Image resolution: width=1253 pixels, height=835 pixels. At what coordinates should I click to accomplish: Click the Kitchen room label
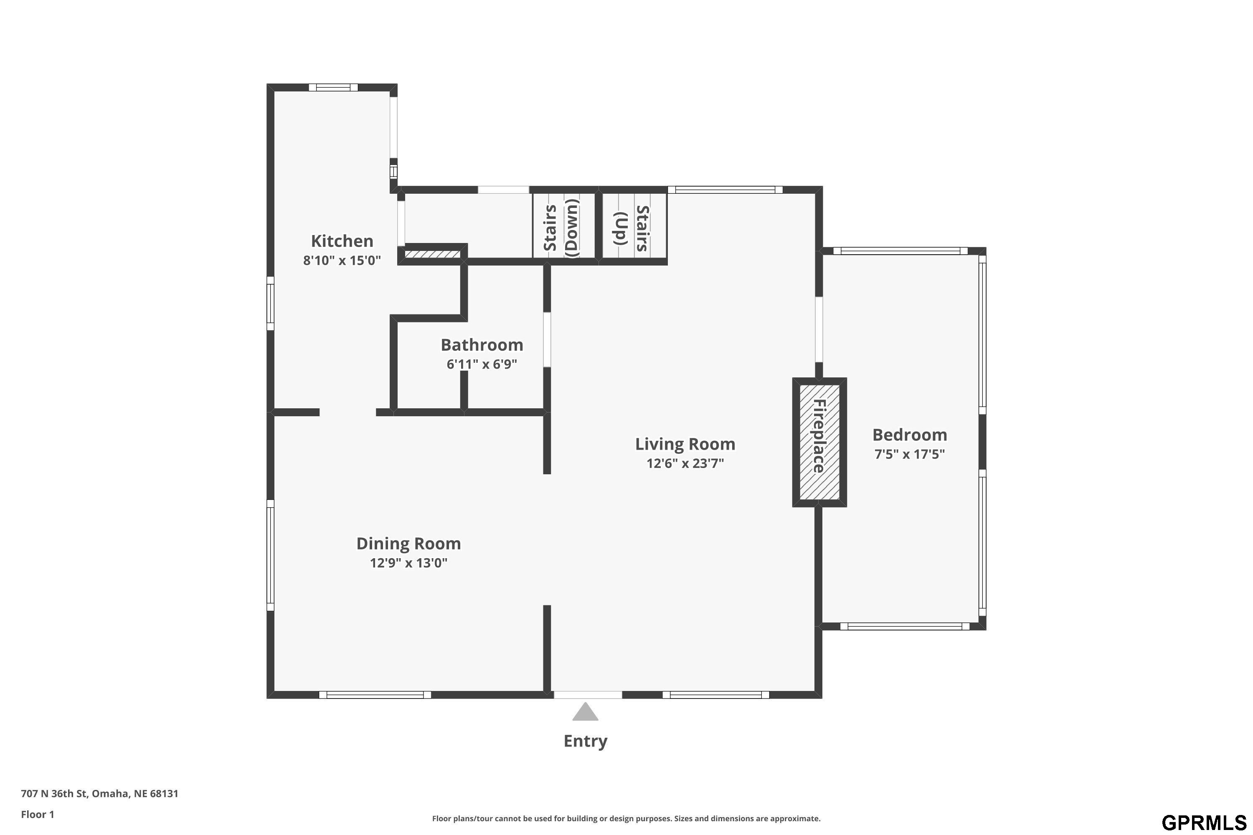pyautogui.click(x=342, y=241)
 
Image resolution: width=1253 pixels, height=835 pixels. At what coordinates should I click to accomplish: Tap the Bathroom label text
pyautogui.click(x=482, y=345)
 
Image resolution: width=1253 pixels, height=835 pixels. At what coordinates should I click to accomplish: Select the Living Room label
pyautogui.click(x=685, y=444)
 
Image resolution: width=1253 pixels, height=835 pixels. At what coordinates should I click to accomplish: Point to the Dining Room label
pyautogui.click(x=408, y=544)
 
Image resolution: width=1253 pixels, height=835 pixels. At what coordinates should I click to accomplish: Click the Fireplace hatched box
pyautogui.click(x=819, y=442)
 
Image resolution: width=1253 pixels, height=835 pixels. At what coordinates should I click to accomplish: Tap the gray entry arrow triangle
pyautogui.click(x=586, y=711)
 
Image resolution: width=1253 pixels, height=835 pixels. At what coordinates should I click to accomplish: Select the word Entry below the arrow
pyautogui.click(x=586, y=741)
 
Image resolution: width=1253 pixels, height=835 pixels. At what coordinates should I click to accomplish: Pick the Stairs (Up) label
pyautogui.click(x=632, y=229)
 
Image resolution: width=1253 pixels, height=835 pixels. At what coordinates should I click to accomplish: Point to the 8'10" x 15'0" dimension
pyautogui.click(x=342, y=261)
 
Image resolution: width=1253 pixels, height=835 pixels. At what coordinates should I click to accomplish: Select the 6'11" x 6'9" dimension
pyautogui.click(x=482, y=364)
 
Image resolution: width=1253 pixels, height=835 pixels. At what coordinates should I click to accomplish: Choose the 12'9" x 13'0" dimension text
pyautogui.click(x=408, y=563)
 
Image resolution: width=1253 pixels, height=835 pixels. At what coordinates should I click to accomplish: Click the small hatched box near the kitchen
pyautogui.click(x=432, y=254)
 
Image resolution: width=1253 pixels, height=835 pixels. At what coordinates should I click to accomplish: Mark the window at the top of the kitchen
pyautogui.click(x=333, y=88)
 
